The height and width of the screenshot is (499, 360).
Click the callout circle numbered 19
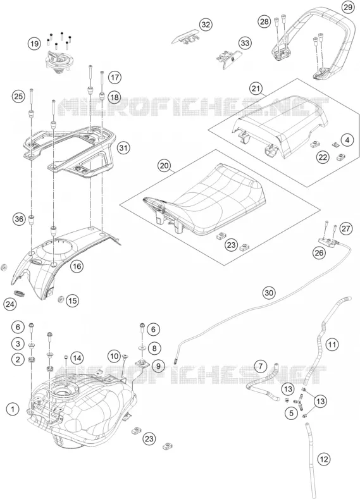click(x=34, y=44)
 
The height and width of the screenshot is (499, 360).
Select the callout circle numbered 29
click(x=347, y=8)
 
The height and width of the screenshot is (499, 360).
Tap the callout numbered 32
click(x=206, y=25)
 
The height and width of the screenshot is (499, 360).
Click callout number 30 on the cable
click(x=270, y=293)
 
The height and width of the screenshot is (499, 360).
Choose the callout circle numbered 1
click(x=13, y=409)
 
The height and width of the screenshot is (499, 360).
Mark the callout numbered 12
click(x=324, y=459)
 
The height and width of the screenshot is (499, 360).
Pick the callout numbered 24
click(x=9, y=304)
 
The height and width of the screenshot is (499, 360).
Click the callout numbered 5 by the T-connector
click(x=291, y=414)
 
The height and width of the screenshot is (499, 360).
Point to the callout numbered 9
click(x=158, y=366)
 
